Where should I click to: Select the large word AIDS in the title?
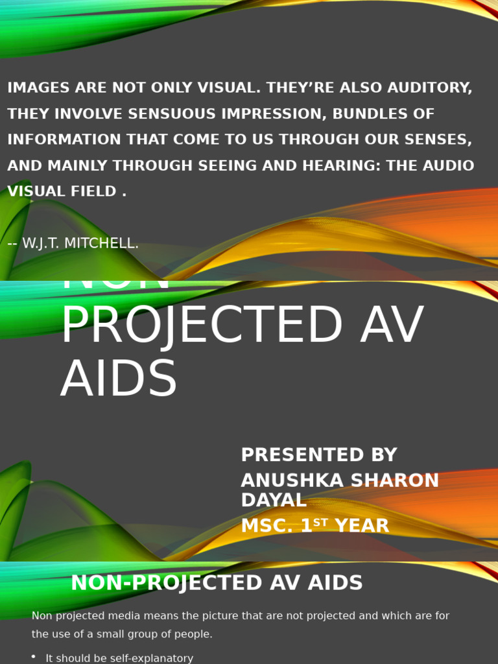click(119, 379)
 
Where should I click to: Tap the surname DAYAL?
click(273, 500)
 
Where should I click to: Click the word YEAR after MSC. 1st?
click(361, 526)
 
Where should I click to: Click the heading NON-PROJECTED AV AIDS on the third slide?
click(217, 583)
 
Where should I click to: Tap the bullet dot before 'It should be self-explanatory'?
click(33, 657)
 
